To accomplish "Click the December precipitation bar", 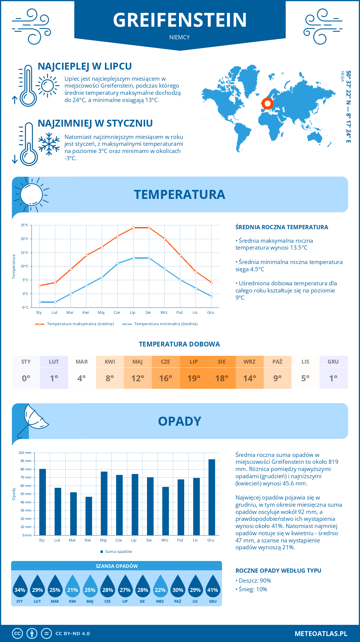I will coord(212,497).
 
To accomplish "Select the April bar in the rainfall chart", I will coord(89,516).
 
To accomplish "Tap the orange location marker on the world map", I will coord(267,103).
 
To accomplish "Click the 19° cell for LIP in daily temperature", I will coord(194,378).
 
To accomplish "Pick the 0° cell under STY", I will coord(26,378).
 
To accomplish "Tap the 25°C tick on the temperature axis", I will coord(25,225).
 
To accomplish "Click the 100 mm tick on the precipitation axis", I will coord(25,453).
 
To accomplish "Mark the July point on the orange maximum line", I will coord(133,228).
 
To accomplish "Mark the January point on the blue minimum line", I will coord(40,302).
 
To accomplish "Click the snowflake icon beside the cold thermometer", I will coord(49,144).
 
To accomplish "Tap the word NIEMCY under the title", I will coord(179,37).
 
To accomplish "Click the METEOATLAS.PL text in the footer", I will coord(321,634).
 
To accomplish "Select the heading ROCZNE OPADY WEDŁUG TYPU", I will coord(278,571).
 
